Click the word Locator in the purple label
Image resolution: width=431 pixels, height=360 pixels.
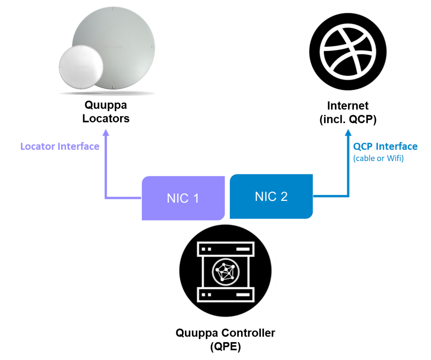coord(38,147)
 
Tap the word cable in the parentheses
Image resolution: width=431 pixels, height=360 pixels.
coord(365,159)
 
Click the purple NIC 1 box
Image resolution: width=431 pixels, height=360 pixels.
coord(183,198)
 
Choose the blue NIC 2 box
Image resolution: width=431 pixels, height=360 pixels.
coord(271,196)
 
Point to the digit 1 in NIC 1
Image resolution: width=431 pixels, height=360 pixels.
coord(195,198)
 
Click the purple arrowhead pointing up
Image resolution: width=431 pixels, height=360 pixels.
coord(106,132)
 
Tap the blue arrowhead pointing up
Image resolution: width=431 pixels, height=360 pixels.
coord(348,132)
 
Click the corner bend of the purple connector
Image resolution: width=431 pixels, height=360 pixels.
coord(106,198)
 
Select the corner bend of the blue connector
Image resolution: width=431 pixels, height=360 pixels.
coord(348,196)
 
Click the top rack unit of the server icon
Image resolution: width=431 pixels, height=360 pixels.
coord(225,248)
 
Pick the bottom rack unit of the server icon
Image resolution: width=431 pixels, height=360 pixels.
coord(225,294)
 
